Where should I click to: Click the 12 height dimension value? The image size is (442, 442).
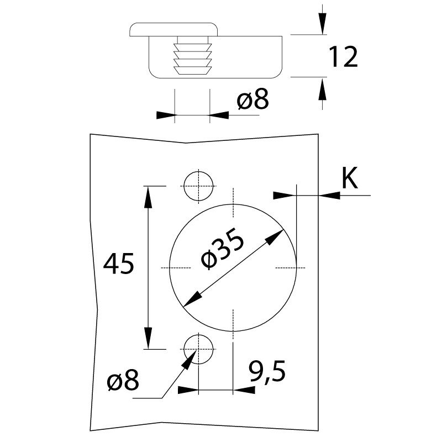click(x=343, y=57)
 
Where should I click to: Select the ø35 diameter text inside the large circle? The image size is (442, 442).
click(x=223, y=251)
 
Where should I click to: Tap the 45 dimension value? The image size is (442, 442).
click(x=119, y=264)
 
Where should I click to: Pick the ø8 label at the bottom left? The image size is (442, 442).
click(x=123, y=381)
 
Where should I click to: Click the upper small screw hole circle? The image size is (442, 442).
click(x=198, y=186)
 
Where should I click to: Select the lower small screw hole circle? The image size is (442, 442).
click(x=198, y=349)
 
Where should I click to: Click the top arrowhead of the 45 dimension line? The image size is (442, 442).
click(x=148, y=196)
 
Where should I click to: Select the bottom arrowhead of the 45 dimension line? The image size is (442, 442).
click(x=148, y=338)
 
